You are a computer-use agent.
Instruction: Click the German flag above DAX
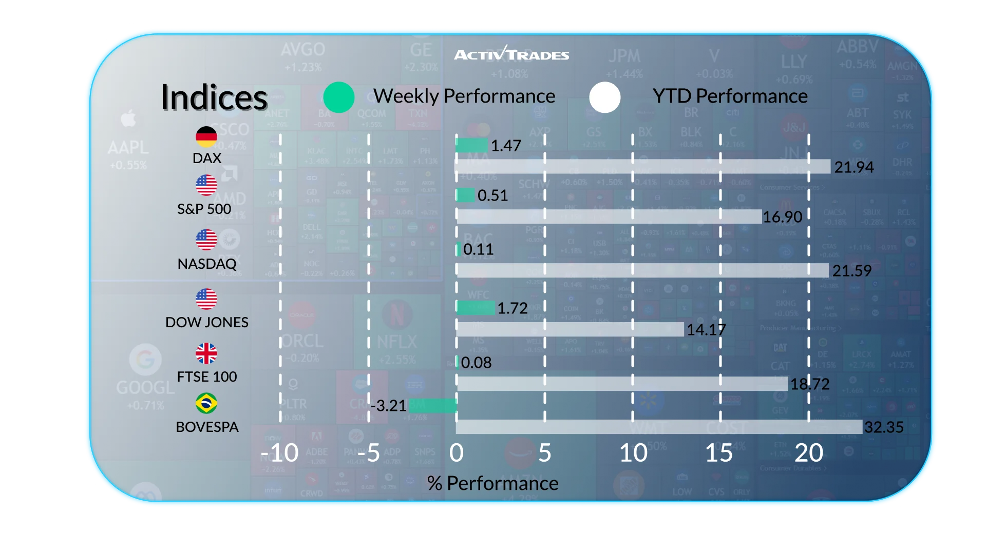206,136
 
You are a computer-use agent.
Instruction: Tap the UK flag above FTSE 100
206,353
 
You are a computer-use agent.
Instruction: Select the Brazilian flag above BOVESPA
206,403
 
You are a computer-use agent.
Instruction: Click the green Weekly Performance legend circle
339,97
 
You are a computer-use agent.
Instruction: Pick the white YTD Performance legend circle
605,97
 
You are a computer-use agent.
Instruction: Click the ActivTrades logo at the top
511,54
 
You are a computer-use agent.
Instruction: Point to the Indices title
214,97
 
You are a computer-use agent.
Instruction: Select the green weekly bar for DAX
472,145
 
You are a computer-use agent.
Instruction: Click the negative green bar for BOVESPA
432,406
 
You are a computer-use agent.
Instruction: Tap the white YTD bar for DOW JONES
570,329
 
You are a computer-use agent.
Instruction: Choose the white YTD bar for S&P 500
609,216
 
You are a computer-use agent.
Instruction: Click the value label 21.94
854,167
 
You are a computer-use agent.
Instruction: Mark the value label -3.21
389,406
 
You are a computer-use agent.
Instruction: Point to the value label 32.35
884,427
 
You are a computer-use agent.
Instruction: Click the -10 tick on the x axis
280,453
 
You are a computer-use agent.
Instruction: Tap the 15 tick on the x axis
719,453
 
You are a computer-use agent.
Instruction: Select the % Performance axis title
492,483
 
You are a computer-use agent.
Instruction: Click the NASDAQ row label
207,264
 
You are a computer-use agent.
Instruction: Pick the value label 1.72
513,308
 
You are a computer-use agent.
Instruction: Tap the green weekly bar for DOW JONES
476,308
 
